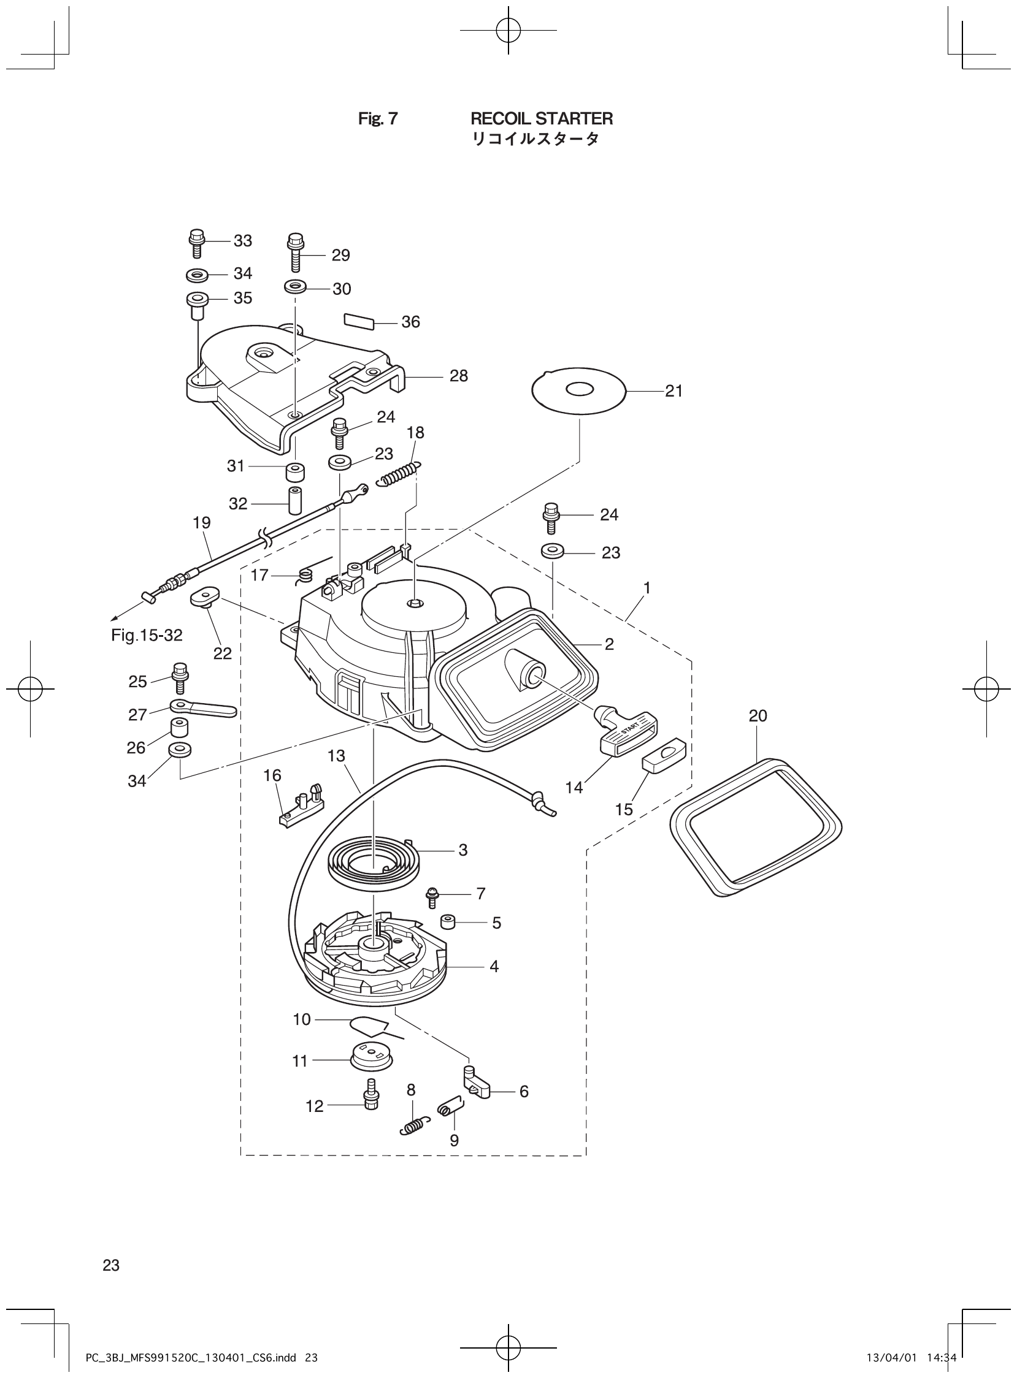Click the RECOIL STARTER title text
(541, 118)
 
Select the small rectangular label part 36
(358, 321)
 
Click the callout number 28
(459, 376)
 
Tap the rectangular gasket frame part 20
(756, 828)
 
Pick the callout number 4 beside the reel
(494, 967)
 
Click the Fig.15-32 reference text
(147, 636)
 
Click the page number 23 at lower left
(112, 1261)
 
